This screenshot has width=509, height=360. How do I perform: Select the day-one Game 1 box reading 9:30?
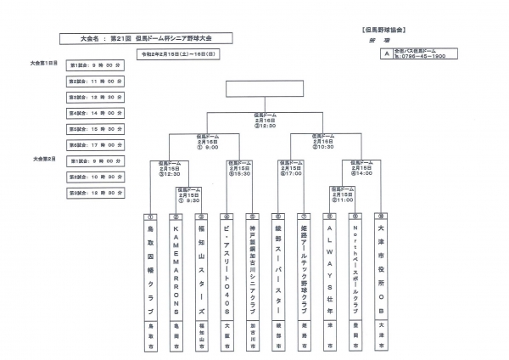click(98, 65)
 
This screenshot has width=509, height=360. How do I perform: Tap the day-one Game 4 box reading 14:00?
click(98, 113)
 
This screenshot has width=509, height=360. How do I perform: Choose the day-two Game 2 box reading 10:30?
click(98, 177)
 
